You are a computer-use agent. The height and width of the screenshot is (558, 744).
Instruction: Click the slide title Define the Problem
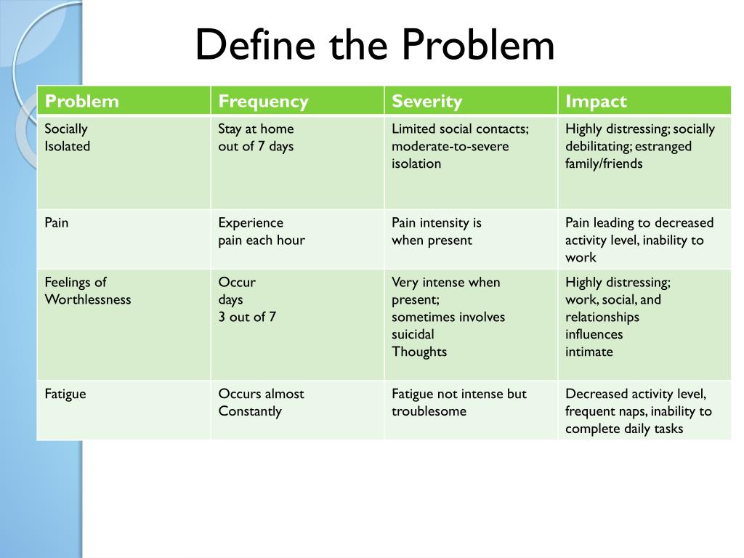pos(374,45)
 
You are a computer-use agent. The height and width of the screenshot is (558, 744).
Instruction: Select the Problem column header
pos(81,101)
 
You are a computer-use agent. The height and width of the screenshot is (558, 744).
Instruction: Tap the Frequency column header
pos(263,101)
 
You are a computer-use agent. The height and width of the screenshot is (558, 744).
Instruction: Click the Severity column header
pos(426,101)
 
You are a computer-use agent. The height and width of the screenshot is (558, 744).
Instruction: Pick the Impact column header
pos(596,101)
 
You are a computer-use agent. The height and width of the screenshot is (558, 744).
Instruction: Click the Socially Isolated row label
pos(68,137)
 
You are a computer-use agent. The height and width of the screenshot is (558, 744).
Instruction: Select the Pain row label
pos(57,222)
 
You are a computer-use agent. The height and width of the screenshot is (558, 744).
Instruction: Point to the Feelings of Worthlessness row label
pos(88,291)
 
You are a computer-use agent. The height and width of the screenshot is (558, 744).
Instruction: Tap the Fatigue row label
pos(65,394)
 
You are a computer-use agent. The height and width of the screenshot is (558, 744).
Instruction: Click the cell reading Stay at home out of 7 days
pos(256,137)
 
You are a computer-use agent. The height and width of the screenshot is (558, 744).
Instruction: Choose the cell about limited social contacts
pos(460,146)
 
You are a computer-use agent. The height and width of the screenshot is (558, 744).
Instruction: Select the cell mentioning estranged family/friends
pos(639,146)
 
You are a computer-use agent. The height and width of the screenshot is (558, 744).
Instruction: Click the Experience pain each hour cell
pos(262,231)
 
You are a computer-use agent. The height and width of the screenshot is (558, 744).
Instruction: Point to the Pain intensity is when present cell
pos(436,231)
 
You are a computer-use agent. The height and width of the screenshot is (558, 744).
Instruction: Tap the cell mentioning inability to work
pos(639,240)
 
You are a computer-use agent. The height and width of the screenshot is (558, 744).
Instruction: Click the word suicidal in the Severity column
pos(413,334)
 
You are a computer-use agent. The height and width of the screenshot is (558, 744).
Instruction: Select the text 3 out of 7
pos(247,317)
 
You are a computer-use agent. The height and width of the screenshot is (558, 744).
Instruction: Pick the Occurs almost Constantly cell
pos(261,403)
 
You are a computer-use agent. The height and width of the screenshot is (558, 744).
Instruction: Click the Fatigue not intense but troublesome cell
pos(458,403)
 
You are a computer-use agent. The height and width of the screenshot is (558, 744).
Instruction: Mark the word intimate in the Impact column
pos(589,352)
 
